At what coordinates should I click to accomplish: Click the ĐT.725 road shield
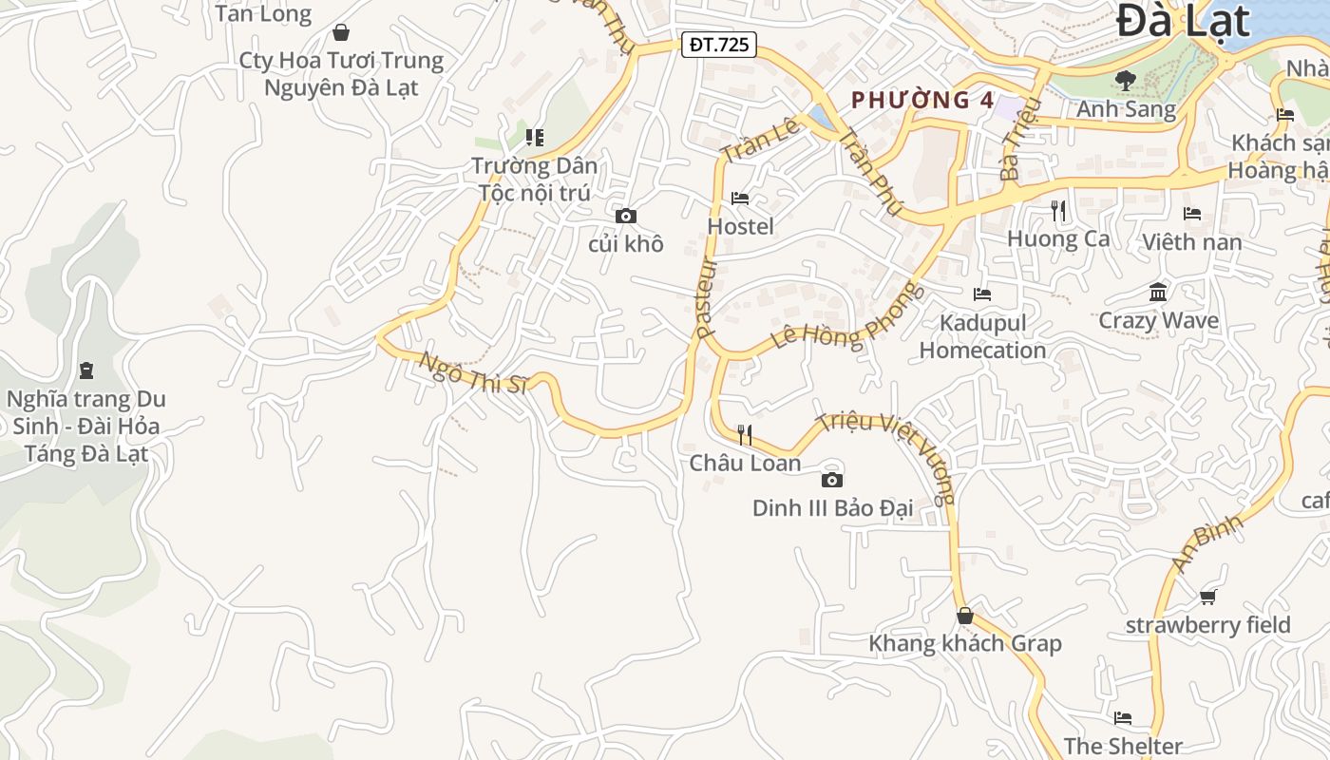pos(718,44)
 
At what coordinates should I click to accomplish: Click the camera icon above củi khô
pos(626,216)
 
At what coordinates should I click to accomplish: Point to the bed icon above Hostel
pos(740,198)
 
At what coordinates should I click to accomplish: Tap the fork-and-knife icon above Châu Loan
pos(745,435)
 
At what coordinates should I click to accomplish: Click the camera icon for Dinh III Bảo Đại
pos(832,480)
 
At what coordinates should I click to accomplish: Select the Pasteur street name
pos(704,297)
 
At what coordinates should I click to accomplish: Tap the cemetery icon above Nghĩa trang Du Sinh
pos(86,370)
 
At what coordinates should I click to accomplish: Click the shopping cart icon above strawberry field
pos(1207,597)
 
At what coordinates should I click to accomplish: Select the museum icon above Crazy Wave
pos(1158,292)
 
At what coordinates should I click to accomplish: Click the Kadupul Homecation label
pos(982,336)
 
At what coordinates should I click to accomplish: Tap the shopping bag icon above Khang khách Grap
pos(965,616)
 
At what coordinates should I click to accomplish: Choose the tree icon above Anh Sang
pos(1126,81)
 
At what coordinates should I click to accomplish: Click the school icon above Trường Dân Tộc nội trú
pos(536,138)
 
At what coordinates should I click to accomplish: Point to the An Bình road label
pos(1206,543)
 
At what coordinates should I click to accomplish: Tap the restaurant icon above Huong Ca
pos(1058,210)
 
